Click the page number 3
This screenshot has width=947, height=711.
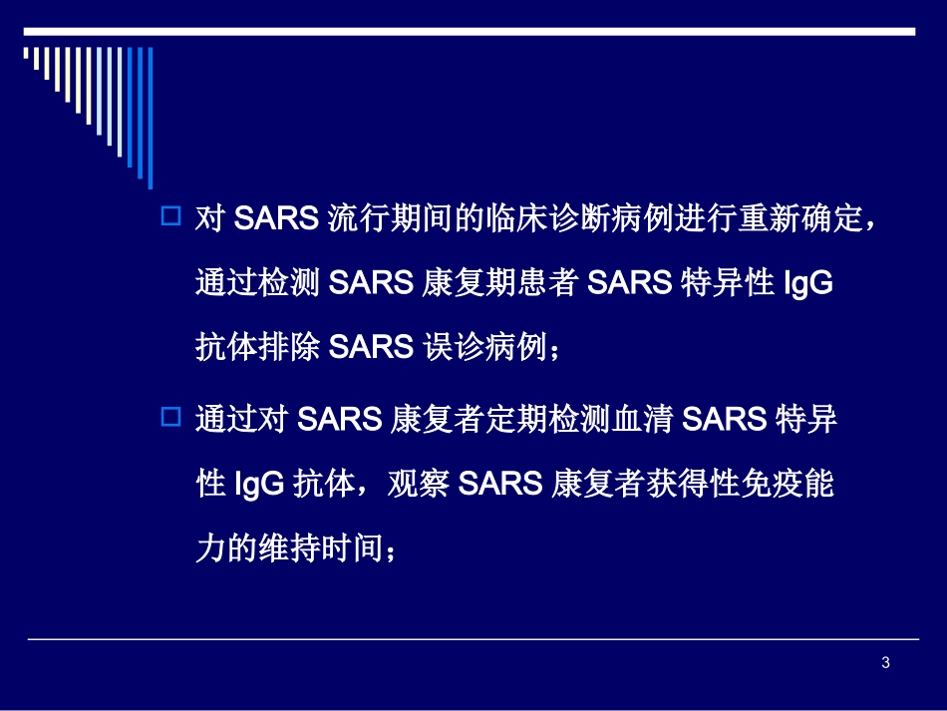point(885,664)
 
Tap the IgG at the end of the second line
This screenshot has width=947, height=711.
point(808,283)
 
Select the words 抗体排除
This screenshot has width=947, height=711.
point(256,348)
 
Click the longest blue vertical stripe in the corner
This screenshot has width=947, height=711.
point(150,105)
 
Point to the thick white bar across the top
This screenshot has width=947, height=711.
point(469,32)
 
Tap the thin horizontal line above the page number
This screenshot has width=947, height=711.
point(473,639)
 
